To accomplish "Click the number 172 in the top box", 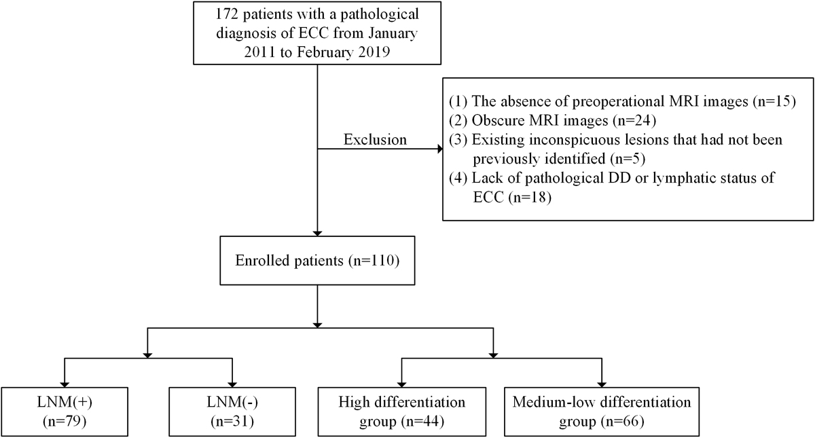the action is click(x=227, y=14).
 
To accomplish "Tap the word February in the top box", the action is click(x=325, y=52).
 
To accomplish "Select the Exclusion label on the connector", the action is click(x=375, y=140).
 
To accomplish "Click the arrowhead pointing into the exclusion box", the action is click(x=440, y=149).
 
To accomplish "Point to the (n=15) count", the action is click(x=772, y=101).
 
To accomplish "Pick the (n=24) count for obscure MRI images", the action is click(x=634, y=121).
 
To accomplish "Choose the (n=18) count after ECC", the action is click(x=530, y=198).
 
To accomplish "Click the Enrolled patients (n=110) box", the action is click(x=317, y=261).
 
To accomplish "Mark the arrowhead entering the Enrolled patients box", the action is click(x=318, y=233).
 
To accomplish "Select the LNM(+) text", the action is click(x=65, y=402).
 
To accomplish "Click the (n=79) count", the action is click(x=65, y=422).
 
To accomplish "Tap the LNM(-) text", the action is click(x=232, y=402).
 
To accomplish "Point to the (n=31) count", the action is click(x=232, y=422).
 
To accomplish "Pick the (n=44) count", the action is click(x=422, y=422).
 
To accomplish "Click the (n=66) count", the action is click(x=622, y=422).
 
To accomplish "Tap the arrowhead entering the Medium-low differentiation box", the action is click(x=602, y=384).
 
